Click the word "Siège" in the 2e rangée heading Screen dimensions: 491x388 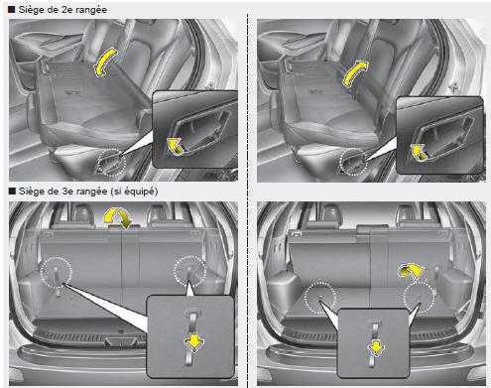pos(31,10)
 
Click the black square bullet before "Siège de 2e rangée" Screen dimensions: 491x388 pos(12,9)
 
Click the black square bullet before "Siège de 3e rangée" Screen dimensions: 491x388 pos(12,191)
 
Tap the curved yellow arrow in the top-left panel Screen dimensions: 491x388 pos(105,63)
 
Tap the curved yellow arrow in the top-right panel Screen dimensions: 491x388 pos(354,73)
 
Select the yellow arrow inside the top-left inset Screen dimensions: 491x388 pos(175,146)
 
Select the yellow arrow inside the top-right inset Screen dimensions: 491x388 pos(419,152)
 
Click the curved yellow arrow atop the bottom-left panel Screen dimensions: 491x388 pos(118,217)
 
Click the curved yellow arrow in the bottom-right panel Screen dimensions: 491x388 pos(411,270)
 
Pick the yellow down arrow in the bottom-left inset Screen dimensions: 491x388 pos(193,343)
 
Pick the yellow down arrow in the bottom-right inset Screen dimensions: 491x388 pos(376,347)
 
